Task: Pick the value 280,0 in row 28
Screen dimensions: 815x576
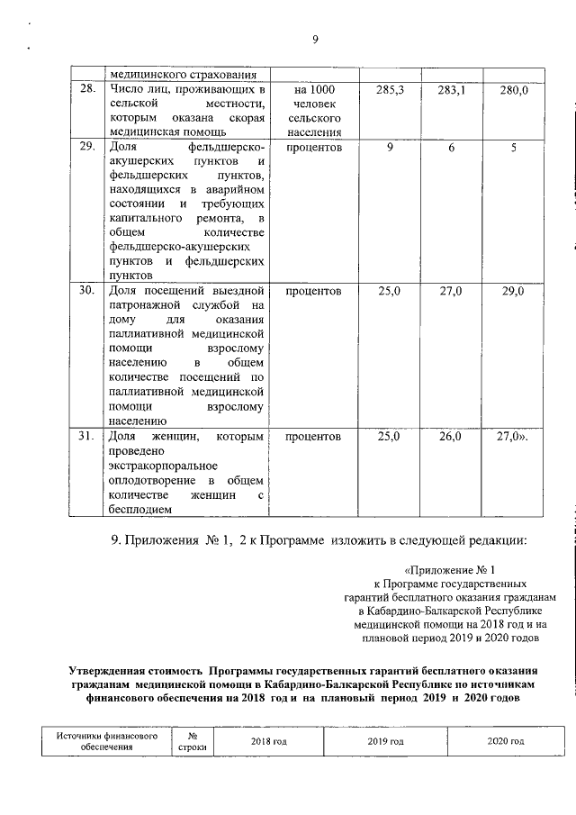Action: (514, 90)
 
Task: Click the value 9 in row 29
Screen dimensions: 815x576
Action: (389, 146)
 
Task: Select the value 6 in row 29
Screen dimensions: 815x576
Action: (451, 146)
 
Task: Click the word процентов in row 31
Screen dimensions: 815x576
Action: (313, 436)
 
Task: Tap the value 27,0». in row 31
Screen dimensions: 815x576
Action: (514, 436)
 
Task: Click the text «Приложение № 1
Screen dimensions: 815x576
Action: (450, 569)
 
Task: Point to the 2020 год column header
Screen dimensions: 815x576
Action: (505, 741)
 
